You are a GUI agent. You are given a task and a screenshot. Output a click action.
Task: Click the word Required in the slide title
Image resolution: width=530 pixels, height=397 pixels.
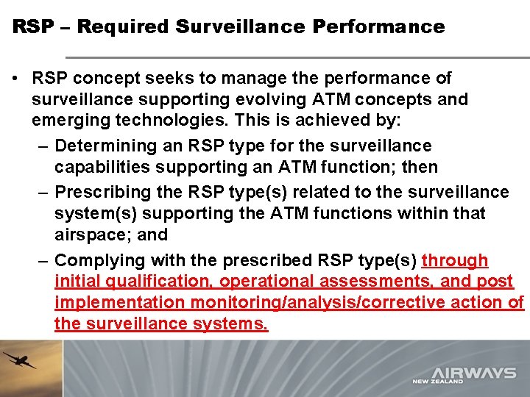pyautogui.click(x=123, y=27)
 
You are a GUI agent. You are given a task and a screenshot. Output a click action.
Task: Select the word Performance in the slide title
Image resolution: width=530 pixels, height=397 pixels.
pyautogui.click(x=378, y=27)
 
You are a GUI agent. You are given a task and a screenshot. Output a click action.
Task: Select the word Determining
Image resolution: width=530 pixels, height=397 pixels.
pyautogui.click(x=104, y=146)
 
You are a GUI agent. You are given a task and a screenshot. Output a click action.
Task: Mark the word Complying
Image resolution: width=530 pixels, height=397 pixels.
pyautogui.click(x=99, y=260)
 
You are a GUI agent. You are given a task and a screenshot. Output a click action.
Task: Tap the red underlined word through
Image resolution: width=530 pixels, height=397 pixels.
pyautogui.click(x=455, y=260)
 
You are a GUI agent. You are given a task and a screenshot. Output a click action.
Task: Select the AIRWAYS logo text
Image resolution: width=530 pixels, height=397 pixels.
pyautogui.click(x=474, y=372)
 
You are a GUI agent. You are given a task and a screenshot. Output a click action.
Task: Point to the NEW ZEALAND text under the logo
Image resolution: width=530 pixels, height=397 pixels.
pyautogui.click(x=437, y=382)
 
